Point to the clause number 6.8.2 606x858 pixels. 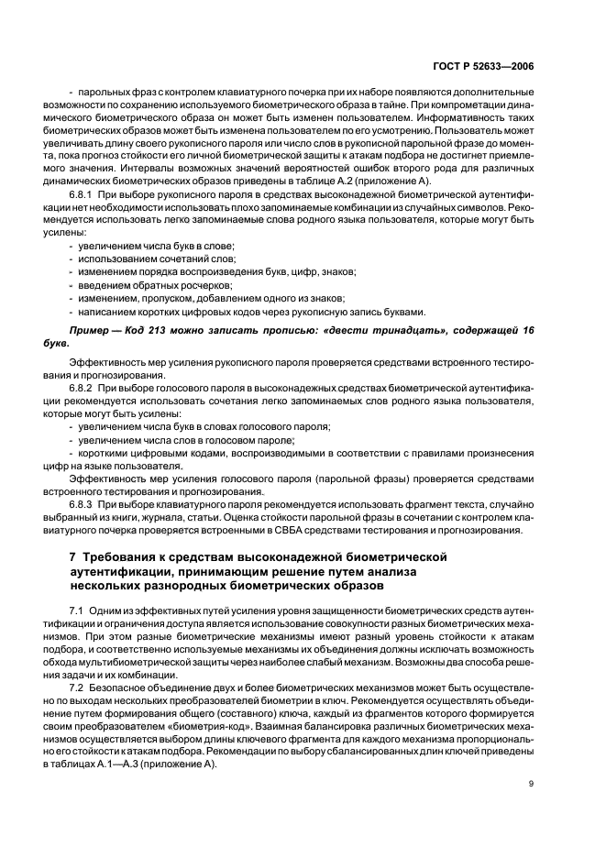point(85,389)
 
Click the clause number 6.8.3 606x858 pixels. point(85,504)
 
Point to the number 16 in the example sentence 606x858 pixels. point(523,327)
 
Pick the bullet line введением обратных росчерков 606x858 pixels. point(147,285)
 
